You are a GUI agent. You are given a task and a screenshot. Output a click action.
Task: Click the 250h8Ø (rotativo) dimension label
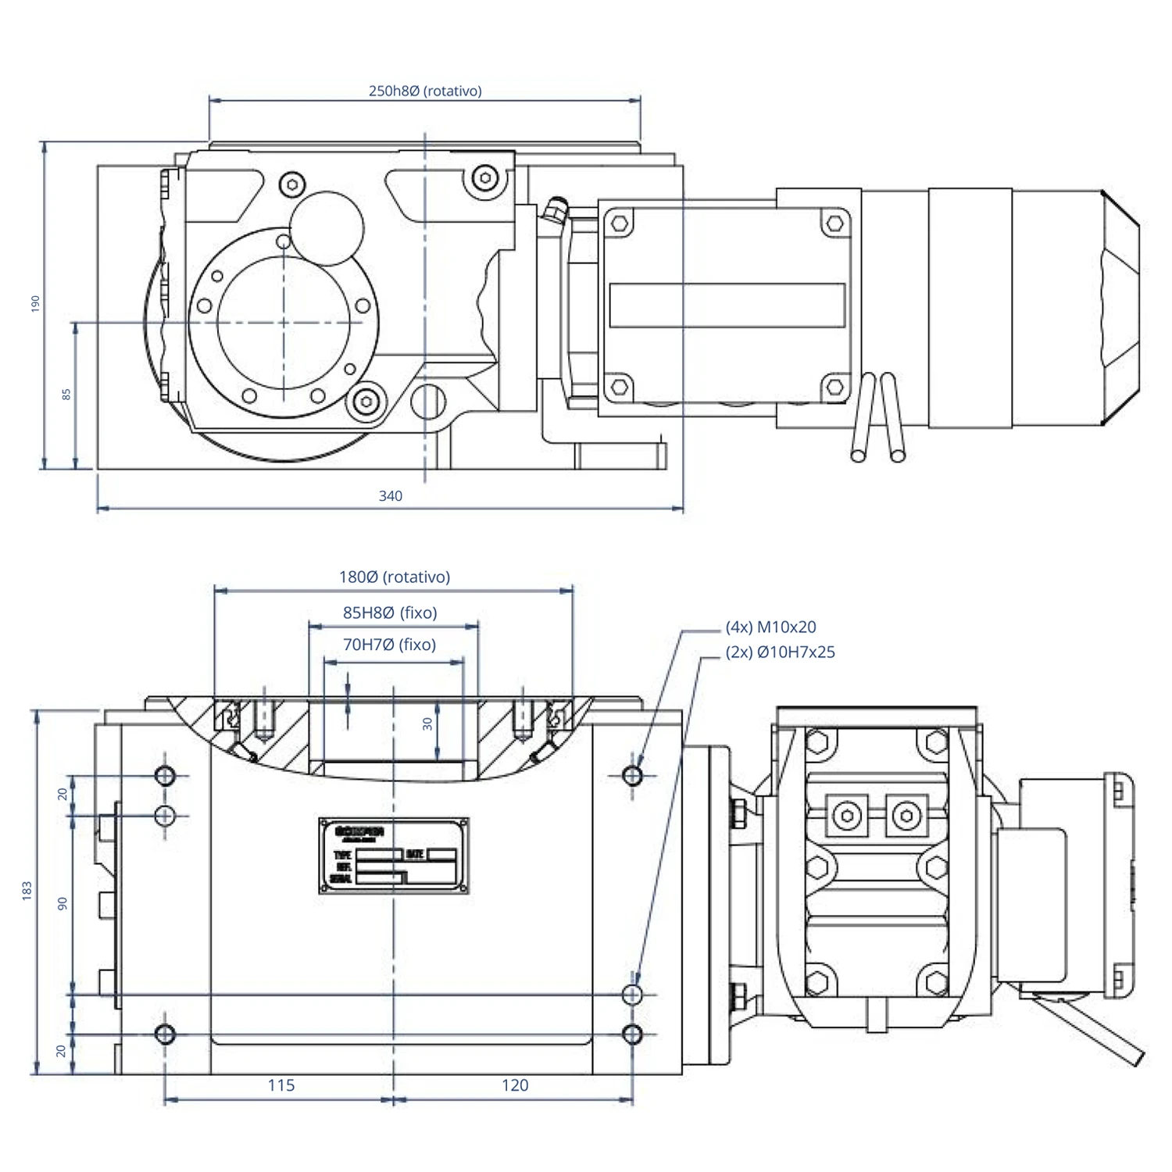pos(425,91)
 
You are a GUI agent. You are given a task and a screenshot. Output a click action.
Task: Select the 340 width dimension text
pos(390,495)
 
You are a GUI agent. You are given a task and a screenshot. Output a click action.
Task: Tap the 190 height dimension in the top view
pos(35,304)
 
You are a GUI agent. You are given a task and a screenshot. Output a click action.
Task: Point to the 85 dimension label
pos(66,395)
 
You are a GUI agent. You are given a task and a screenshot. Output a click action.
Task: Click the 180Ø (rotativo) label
pos(394,577)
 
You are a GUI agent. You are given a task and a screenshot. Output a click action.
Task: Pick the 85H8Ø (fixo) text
pos(390,613)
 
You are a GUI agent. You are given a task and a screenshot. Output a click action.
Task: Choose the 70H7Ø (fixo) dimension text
pos(389,645)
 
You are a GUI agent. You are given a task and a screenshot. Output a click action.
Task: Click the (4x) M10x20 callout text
pos(770,627)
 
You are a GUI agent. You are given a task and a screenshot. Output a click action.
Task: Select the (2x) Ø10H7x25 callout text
pos(780,652)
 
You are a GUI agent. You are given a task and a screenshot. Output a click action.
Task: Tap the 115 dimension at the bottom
pos(281,1084)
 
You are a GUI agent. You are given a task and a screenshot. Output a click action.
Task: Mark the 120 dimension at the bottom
pos(515,1084)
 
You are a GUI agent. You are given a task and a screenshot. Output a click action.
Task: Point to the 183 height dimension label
pos(27,891)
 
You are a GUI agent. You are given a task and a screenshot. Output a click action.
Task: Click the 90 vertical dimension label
pos(63,903)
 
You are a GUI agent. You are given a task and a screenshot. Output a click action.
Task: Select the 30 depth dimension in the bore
pos(427,724)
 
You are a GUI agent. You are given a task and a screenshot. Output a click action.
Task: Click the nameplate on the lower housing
pos(394,855)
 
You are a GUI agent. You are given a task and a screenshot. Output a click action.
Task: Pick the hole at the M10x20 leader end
pos(633,775)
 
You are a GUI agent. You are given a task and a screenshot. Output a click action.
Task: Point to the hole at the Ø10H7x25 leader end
pos(633,994)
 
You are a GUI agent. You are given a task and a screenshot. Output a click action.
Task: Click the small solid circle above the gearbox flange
pos(327,228)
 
